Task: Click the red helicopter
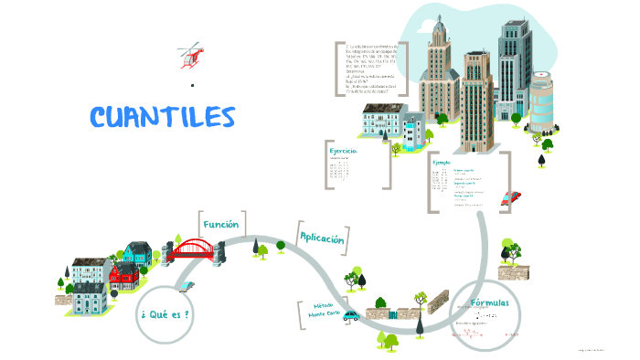pyautogui.click(x=190, y=55)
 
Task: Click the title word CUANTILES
pyautogui.click(x=163, y=117)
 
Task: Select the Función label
pyautogui.click(x=221, y=224)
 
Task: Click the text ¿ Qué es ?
pyautogui.click(x=165, y=314)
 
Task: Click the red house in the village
pyautogui.click(x=123, y=273)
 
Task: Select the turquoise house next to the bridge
pyautogui.click(x=137, y=251)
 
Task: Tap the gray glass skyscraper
pyautogui.click(x=513, y=64)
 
